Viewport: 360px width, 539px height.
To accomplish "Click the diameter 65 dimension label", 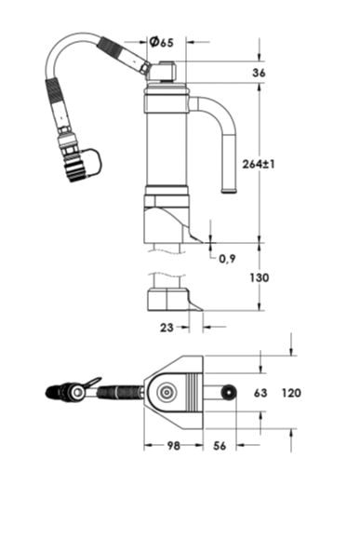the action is coord(162,42).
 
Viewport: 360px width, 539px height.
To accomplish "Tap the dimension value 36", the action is coord(259,73).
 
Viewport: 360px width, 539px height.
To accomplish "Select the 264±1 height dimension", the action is coord(259,164).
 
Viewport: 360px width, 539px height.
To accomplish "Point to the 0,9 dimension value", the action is coord(227,259).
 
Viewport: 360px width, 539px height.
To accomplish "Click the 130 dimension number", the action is coord(259,277).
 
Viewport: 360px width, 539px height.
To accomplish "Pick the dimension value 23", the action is coord(167,328).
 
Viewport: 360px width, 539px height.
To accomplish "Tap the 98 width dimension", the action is coord(173,446).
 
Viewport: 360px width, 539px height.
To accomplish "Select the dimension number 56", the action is coord(220,446).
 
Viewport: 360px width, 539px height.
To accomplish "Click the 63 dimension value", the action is coord(260,393).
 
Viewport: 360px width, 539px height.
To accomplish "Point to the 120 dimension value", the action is coord(291,393).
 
